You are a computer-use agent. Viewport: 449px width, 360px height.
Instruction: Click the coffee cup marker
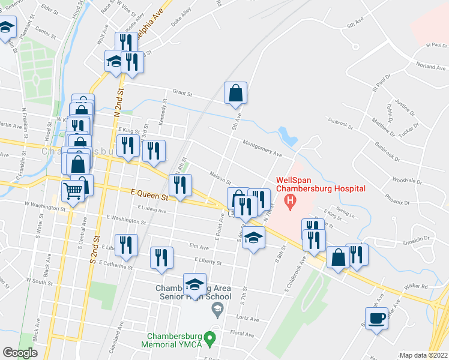point(376,318)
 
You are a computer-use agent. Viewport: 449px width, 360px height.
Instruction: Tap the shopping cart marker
point(73,192)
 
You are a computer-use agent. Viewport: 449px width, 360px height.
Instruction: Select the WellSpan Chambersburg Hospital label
point(320,185)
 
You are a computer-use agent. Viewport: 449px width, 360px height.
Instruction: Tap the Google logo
point(20,352)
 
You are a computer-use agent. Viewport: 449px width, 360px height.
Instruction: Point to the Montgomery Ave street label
point(262,148)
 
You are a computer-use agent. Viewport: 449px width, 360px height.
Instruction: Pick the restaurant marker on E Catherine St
point(160,257)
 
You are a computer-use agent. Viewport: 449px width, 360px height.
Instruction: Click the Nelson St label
point(220,178)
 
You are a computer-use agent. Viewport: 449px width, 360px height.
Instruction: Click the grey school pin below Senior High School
point(217,309)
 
